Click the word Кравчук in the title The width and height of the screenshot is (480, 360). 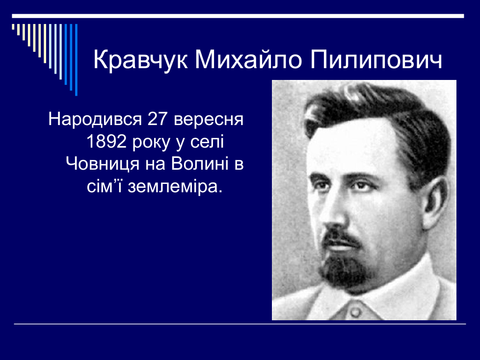[140, 60]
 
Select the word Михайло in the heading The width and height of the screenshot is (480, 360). [248, 59]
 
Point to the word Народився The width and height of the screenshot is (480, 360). [95, 119]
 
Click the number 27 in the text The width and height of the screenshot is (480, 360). [158, 119]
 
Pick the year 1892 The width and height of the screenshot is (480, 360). [107, 141]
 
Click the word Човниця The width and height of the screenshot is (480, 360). [103, 164]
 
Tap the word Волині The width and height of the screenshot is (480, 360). [200, 163]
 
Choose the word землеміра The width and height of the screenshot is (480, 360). [175, 186]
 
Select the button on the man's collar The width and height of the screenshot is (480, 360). [355, 312]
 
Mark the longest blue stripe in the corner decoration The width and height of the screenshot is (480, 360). [76, 60]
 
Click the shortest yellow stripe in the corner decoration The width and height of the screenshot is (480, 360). [13, 27]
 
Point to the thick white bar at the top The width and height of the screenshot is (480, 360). [238, 16]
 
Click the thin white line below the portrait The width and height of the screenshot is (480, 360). [240, 324]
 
